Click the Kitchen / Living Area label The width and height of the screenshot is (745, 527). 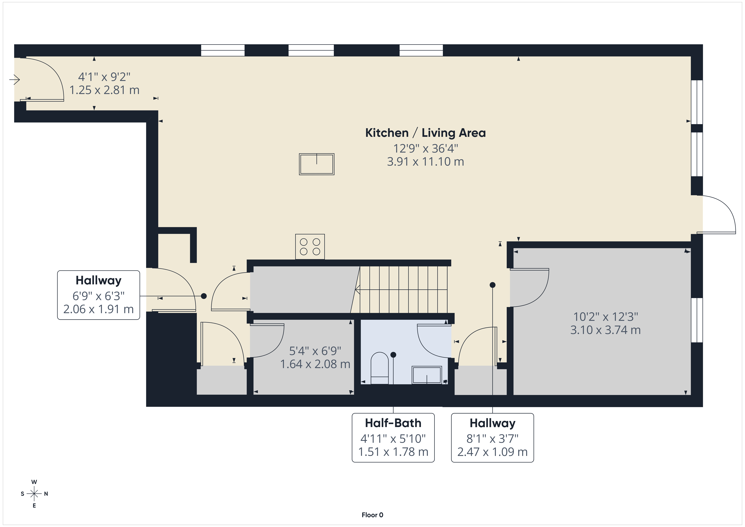coord(425,133)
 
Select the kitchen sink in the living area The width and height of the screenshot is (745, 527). coord(317,164)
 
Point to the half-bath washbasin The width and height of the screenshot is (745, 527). coord(427,375)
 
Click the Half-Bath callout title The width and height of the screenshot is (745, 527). coord(393,423)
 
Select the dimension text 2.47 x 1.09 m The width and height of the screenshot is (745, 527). coord(493,452)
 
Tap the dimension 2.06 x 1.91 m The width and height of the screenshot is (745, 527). coord(99,309)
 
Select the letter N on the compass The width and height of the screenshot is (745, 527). coord(46,494)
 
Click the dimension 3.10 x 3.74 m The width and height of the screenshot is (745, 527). coord(605,330)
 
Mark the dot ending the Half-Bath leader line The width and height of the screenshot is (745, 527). coord(393,355)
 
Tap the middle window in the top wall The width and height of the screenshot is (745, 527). coord(311,50)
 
